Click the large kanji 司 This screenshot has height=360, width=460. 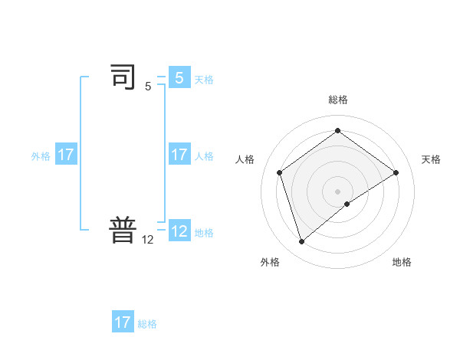pos(123,78)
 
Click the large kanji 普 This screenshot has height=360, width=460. pos(123,231)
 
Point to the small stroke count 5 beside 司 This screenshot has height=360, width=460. pos(148,87)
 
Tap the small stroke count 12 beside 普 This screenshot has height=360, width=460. pos(148,240)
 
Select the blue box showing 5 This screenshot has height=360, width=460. pos(179,78)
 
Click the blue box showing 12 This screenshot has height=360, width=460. pos(179,231)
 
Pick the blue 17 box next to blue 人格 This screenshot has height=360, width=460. pos(179,155)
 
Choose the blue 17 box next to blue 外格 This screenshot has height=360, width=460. pos(66,155)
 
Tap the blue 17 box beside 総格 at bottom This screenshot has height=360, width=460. pos(123,322)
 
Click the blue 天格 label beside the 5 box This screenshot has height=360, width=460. pos(204,80)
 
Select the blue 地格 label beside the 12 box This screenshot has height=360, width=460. pos(204,233)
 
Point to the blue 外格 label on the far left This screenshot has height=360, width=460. pos(41,156)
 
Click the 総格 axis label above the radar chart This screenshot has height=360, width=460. pos(337,100)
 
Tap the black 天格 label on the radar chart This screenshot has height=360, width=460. pos(431,159)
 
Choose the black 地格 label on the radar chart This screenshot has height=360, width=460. pos(402,262)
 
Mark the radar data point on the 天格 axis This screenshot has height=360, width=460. pos(396,172)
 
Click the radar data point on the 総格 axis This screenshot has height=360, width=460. pos(337,130)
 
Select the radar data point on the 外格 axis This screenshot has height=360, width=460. pos(301,242)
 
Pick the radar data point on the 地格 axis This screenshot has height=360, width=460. pos(347,204)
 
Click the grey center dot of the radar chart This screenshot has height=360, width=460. pos(337,191)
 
